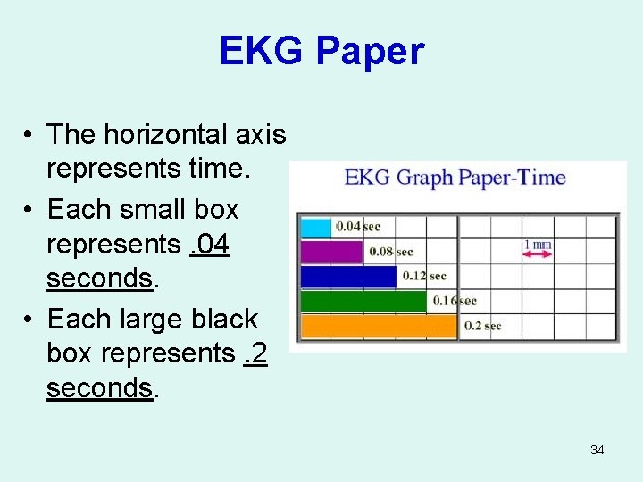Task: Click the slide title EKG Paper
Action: tap(321, 52)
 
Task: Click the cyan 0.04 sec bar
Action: tap(316, 227)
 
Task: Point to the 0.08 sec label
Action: tap(391, 252)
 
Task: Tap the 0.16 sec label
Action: tap(455, 301)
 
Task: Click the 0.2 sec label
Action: tap(482, 326)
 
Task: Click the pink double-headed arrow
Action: tap(538, 254)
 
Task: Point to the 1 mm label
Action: tap(538, 244)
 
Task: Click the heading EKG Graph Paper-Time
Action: tap(455, 177)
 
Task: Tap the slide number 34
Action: tap(597, 450)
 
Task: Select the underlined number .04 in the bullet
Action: tap(210, 244)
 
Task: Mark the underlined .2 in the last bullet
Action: tap(254, 353)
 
